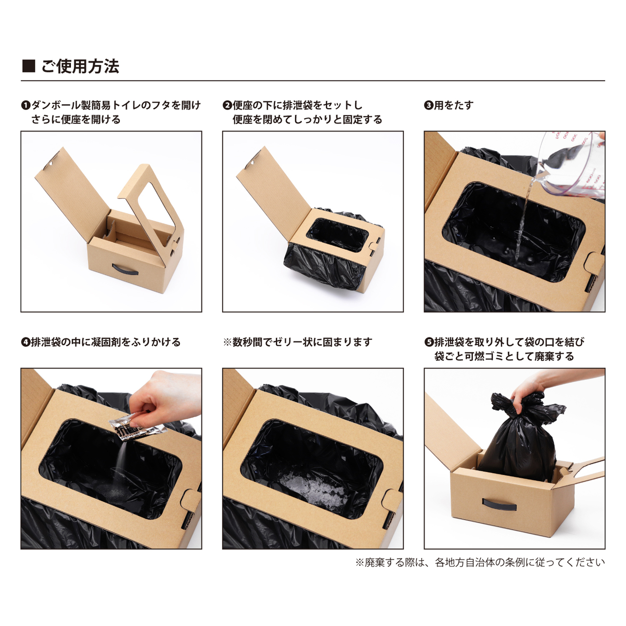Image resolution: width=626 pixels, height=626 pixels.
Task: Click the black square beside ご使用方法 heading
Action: point(29,66)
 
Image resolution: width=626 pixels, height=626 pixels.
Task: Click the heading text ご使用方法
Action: point(80,66)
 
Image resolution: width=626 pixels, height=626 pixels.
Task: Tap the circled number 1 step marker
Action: point(25,105)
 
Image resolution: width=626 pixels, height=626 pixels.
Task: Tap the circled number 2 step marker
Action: point(227,105)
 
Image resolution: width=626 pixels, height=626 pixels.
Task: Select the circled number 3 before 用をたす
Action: point(428,105)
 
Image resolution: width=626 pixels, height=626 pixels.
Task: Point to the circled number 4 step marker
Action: point(25,342)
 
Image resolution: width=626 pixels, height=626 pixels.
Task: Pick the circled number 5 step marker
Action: point(428,342)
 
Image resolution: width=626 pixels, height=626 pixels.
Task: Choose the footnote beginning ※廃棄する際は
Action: point(480,562)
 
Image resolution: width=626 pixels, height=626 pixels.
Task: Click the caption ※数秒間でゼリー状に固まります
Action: point(297,342)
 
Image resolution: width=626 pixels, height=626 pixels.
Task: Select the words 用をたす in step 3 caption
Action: point(454,105)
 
